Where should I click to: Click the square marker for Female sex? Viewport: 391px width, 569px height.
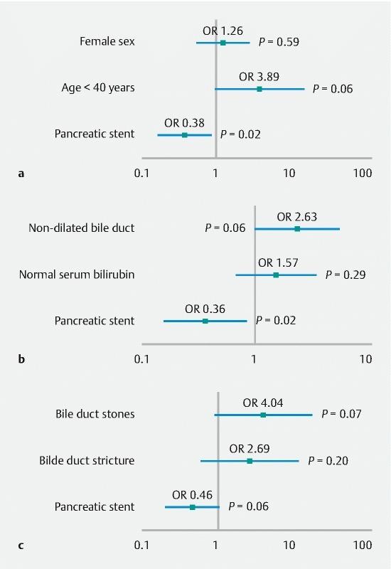[223, 43]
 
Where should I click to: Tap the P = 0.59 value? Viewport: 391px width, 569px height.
[279, 42]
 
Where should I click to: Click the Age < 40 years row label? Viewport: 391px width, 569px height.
[98, 88]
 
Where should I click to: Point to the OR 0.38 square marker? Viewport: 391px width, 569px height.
[184, 134]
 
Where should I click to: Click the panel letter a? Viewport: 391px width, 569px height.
[21, 173]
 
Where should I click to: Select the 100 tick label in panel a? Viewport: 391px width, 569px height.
[363, 173]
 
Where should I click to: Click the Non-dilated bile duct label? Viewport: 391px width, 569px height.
[82, 228]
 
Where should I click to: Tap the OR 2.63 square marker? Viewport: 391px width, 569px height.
[297, 228]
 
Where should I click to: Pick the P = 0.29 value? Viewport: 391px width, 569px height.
[346, 275]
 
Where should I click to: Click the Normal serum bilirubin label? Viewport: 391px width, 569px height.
[77, 275]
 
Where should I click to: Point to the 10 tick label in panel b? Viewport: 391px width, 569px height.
[365, 359]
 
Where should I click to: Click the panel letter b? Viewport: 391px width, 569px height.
[21, 359]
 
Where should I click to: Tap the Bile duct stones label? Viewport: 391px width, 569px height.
[95, 414]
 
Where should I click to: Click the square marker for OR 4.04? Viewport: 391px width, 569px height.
[263, 414]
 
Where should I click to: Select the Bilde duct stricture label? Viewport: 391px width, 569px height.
[87, 461]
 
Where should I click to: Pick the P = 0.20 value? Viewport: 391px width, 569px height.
[328, 461]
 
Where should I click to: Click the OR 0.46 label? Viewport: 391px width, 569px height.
[192, 495]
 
